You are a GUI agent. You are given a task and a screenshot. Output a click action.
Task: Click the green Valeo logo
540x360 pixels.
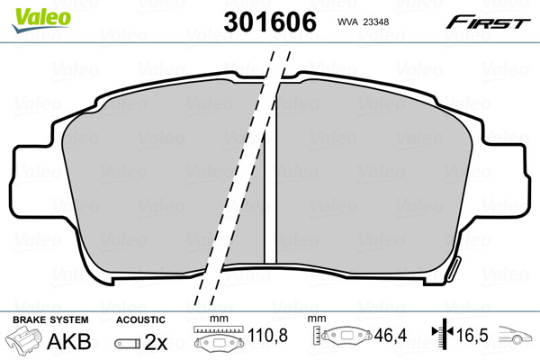click(41, 20)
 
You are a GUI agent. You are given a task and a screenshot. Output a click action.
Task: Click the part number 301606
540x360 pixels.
click(270, 22)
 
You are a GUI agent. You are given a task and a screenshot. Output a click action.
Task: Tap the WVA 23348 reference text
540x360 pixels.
click(363, 22)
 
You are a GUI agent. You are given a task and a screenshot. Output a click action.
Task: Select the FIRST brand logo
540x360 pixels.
click(488, 22)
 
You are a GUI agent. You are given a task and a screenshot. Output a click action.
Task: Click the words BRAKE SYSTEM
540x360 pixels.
click(50, 319)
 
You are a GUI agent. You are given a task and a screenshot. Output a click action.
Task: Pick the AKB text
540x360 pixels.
click(69, 341)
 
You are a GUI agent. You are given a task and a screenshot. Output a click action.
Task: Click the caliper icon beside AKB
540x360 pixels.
click(23, 338)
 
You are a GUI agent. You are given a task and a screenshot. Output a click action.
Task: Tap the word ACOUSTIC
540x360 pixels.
click(140, 319)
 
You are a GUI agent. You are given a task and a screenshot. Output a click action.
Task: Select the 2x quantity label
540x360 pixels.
click(156, 342)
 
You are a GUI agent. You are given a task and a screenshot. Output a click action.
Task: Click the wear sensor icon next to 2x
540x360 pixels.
click(128, 343)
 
